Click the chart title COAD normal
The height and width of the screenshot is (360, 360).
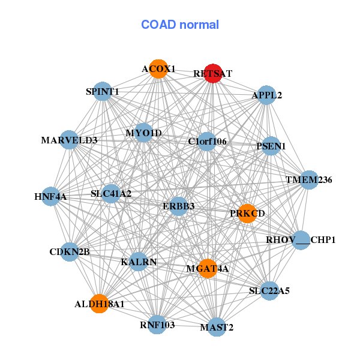click(x=180, y=25)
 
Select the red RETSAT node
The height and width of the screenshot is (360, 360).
click(x=213, y=73)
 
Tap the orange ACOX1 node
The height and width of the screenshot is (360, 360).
click(x=158, y=69)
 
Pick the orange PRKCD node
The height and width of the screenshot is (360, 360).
click(x=247, y=213)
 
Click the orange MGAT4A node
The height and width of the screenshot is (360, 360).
click(x=207, y=268)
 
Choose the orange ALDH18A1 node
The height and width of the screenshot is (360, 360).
click(x=99, y=304)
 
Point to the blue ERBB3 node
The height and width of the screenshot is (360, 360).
click(x=179, y=206)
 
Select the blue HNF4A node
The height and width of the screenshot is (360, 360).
click(x=50, y=196)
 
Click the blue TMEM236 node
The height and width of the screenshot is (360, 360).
click(x=308, y=180)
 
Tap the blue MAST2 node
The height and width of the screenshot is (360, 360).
click(x=217, y=327)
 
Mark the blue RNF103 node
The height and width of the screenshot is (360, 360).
click(x=157, y=325)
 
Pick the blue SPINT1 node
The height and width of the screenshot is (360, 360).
click(x=103, y=92)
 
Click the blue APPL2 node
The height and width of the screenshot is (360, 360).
click(x=266, y=95)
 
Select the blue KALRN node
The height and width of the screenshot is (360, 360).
click(x=139, y=262)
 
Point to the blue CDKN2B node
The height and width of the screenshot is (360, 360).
click(x=70, y=252)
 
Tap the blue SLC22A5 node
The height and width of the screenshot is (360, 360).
click(x=269, y=291)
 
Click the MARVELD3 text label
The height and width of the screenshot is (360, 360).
click(x=69, y=140)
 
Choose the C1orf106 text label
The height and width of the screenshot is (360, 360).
click(x=208, y=142)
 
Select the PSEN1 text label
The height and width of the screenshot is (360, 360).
click(x=271, y=146)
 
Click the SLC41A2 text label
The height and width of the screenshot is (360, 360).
click(x=111, y=194)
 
